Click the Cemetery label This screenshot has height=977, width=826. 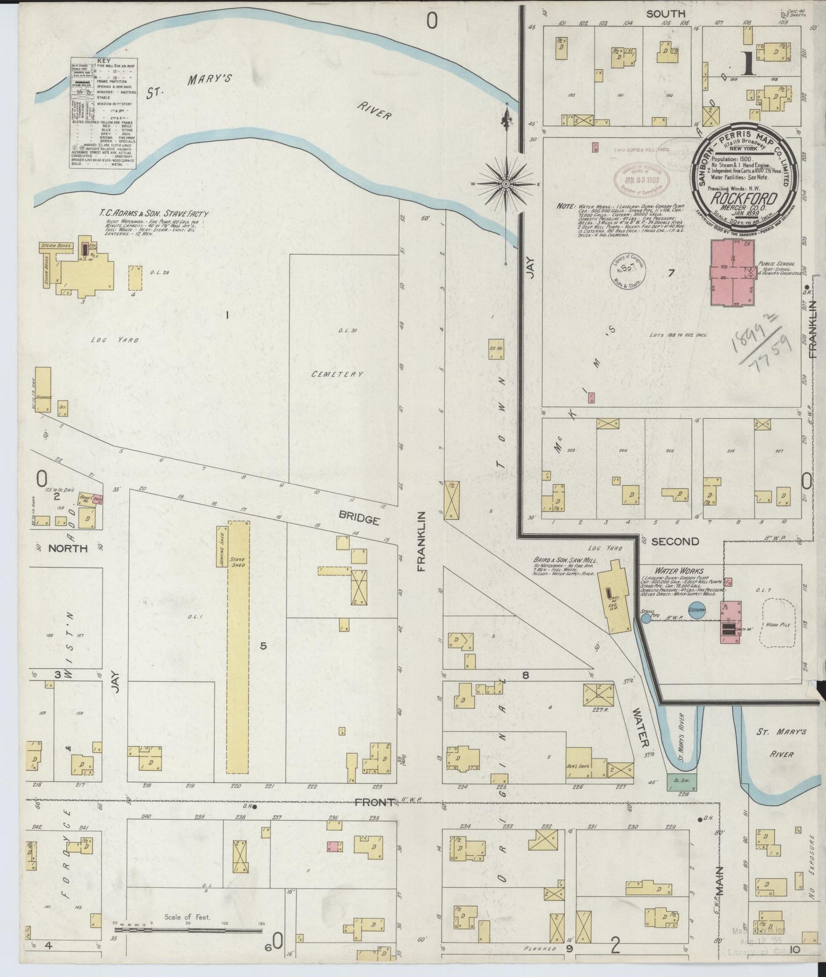tap(337, 374)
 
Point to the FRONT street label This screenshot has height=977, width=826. tap(374, 802)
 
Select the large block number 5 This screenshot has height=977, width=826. tap(263, 646)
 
